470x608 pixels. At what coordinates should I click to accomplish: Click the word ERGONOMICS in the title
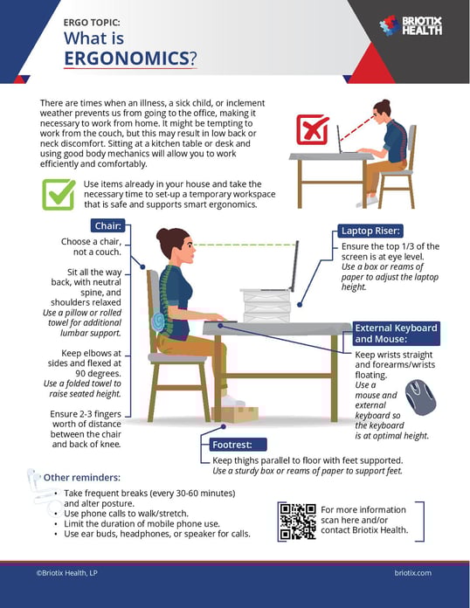coord(127,59)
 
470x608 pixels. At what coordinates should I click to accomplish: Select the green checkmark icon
coord(59,194)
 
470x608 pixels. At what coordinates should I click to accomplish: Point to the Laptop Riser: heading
coord(371,231)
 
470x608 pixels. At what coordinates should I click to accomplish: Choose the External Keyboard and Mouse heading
coord(396,333)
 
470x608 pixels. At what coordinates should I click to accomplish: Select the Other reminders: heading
coord(82,478)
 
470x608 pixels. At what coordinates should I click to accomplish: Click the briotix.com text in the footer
coord(412,573)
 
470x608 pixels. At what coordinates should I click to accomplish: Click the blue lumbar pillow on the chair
coord(157,321)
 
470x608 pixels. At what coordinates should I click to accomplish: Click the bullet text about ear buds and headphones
coord(156,534)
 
